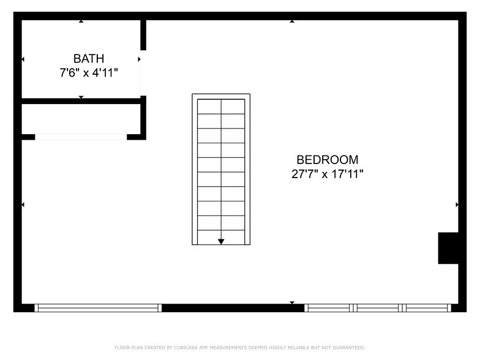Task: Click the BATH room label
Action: pos(89,59)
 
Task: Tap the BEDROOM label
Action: pos(328,160)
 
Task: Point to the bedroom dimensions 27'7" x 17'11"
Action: pos(328,174)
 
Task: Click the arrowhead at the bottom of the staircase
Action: pos(221,242)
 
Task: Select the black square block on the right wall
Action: pos(448,248)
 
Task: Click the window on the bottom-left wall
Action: pos(98,308)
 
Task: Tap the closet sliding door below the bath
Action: pos(81,137)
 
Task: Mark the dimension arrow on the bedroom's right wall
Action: pos(457,204)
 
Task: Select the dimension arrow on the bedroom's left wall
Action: pos(23,204)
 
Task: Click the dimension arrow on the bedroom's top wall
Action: pos(292,21)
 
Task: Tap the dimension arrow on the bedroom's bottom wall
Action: pos(292,302)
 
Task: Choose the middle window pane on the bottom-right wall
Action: pos(377,308)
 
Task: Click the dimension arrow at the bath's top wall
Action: pos(81,21)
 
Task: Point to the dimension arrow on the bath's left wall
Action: pos(23,59)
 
